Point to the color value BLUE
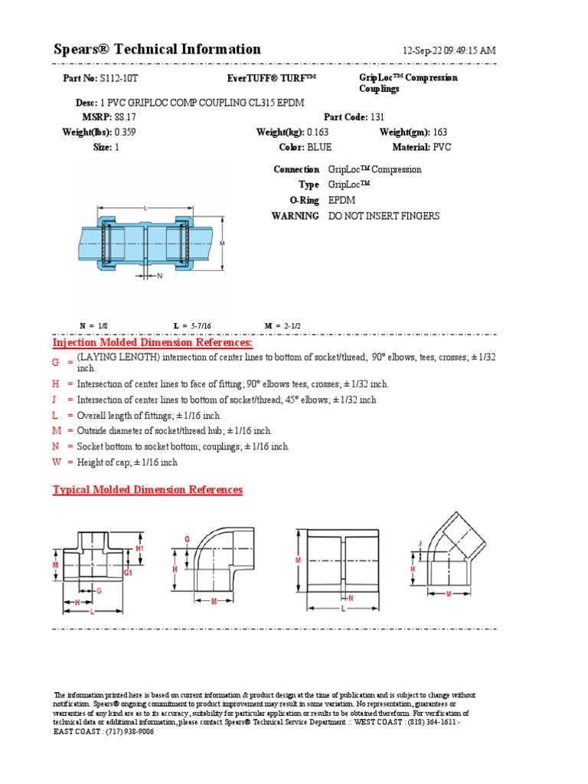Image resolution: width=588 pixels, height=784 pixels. tap(318, 147)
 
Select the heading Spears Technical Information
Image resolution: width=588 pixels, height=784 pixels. tap(157, 50)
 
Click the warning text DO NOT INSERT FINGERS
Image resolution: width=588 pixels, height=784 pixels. tap(384, 216)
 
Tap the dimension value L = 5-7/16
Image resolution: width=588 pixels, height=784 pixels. tap(192, 325)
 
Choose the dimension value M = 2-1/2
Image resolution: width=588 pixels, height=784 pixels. tap(283, 325)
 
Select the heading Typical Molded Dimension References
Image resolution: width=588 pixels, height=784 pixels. tap(147, 489)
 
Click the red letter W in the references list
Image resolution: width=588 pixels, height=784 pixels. tap(56, 462)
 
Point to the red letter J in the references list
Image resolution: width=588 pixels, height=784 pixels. tap(55, 400)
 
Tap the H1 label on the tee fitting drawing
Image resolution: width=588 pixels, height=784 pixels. tap(139, 549)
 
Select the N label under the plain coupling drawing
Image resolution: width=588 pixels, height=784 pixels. tap(351, 597)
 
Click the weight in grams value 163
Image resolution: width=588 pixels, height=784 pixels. tap(440, 132)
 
